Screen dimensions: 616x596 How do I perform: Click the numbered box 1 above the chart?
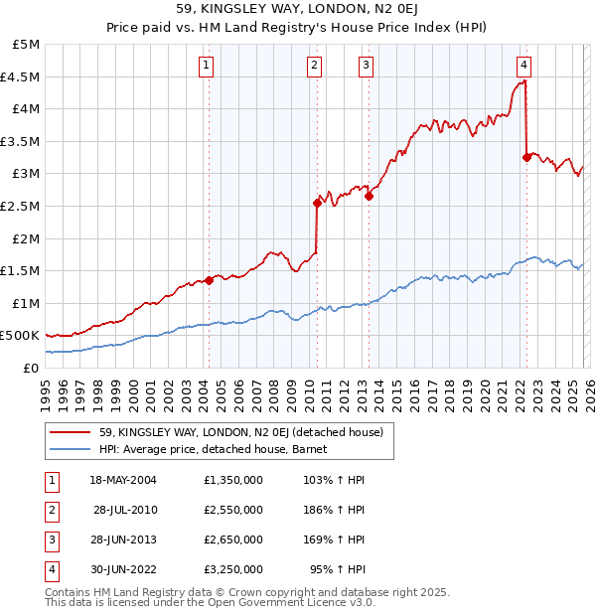click(x=206, y=67)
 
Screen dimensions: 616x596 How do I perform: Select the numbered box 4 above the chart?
click(x=523, y=67)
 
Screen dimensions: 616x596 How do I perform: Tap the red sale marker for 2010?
click(x=317, y=203)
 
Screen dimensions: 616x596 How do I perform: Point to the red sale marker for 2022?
click(x=526, y=157)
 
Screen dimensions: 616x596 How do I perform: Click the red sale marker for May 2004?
click(x=210, y=280)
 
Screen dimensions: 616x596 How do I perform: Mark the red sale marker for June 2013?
click(x=369, y=196)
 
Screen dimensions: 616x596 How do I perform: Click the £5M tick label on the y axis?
click(x=26, y=45)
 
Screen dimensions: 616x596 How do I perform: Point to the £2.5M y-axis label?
click(x=21, y=206)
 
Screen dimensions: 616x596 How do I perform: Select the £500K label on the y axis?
click(x=21, y=336)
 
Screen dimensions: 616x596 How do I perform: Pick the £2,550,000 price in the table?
click(x=231, y=510)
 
